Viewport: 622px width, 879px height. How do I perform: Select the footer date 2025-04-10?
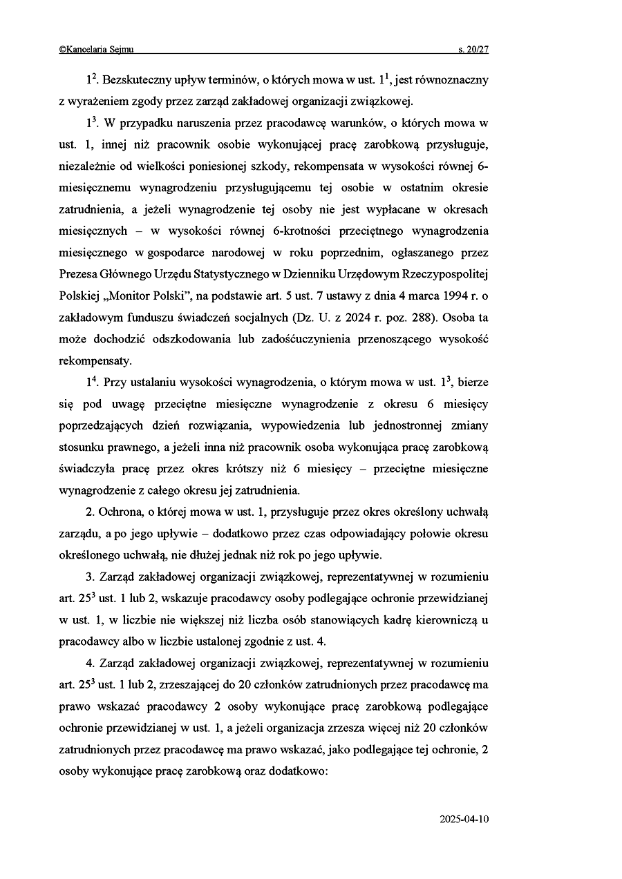(464, 819)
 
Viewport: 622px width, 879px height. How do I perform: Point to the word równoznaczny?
(451, 80)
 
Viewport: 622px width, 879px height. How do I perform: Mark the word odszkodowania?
(158, 339)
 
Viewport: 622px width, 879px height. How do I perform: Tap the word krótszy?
(243, 468)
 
